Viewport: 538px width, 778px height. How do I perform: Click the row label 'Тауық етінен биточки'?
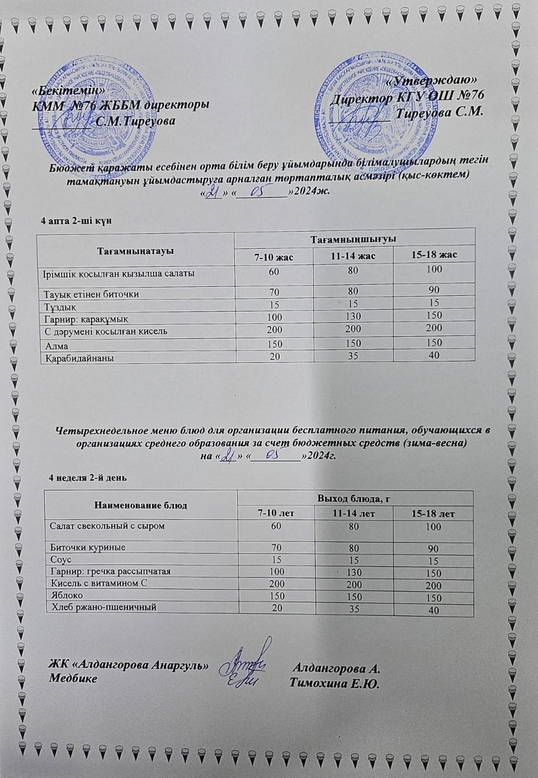[x=91, y=294]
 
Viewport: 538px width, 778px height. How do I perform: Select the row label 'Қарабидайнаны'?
[x=79, y=357]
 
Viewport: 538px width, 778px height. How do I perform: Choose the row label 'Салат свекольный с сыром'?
[x=107, y=526]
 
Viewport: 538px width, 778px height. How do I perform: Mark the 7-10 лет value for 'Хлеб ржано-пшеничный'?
[x=276, y=608]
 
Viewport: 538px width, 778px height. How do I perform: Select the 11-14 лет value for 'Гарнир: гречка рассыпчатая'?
[x=354, y=572]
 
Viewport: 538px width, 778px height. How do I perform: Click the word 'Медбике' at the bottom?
[x=73, y=678]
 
